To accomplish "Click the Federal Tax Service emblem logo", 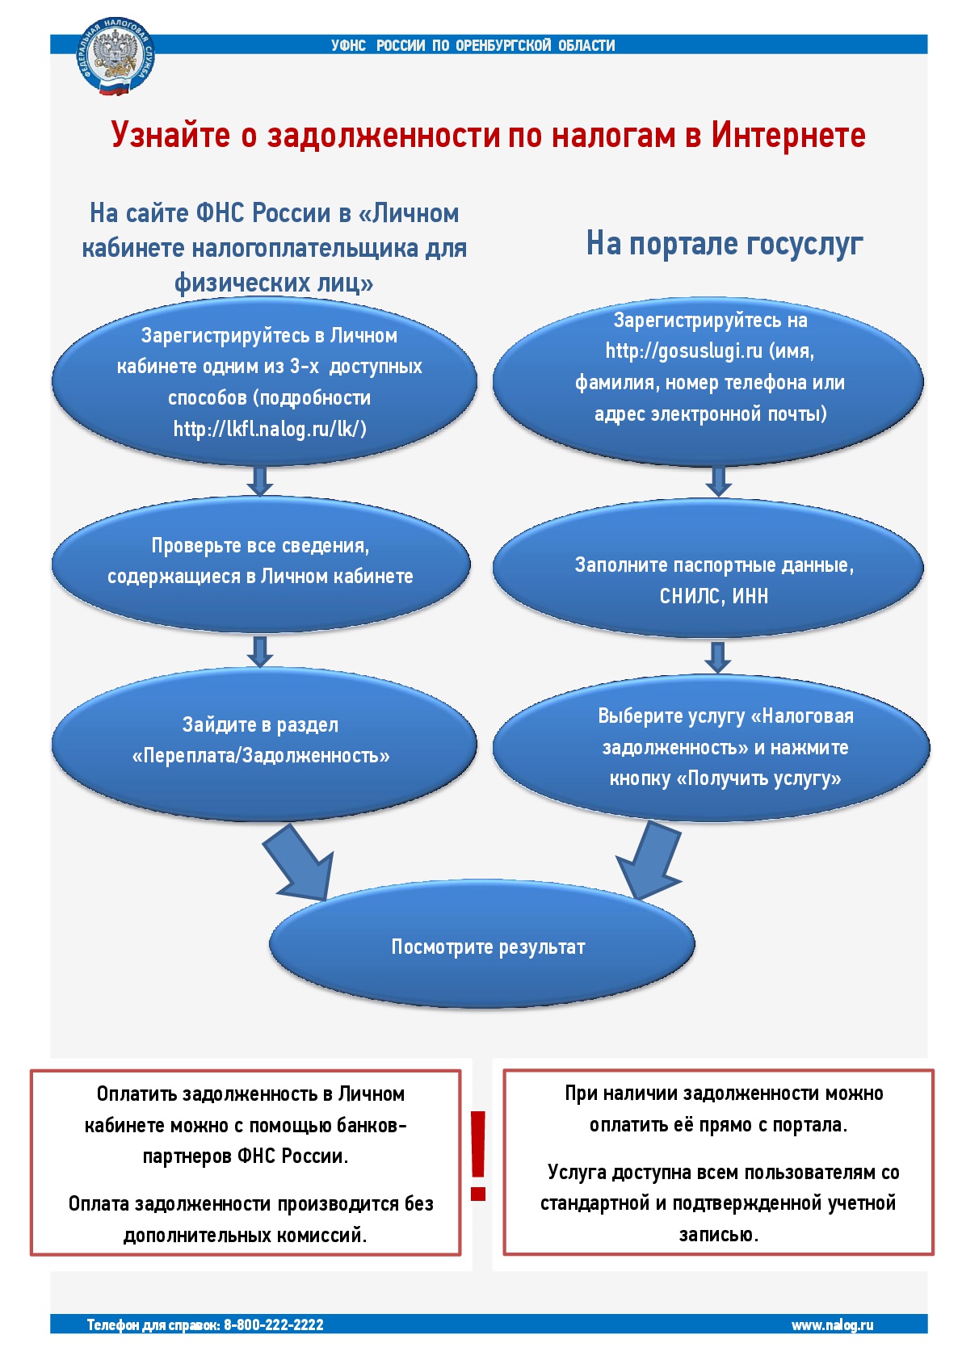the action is click(x=116, y=56).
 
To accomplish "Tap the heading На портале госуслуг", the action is click(x=725, y=244).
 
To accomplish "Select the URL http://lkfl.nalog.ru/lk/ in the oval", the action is click(x=271, y=430).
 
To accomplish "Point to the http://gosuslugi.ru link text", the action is click(x=684, y=351).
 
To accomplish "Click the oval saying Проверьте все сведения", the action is click(x=261, y=564).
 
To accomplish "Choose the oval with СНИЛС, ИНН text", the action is click(x=708, y=568).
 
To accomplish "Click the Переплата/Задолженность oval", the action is click(x=264, y=743).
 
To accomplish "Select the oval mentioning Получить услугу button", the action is click(x=711, y=747).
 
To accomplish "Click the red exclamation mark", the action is click(x=478, y=1156).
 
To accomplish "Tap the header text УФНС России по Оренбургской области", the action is click(x=473, y=45).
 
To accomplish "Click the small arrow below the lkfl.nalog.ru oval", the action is click(x=260, y=481).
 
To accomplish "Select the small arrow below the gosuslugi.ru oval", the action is click(x=718, y=481).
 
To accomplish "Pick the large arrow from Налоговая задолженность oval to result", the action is click(x=649, y=859).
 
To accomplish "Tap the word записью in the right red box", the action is click(x=719, y=1234).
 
